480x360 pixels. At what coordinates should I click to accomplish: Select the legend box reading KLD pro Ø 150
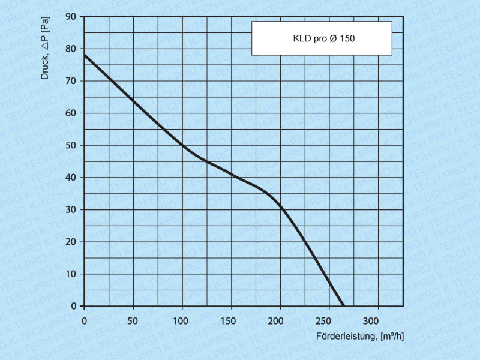(x=322, y=38)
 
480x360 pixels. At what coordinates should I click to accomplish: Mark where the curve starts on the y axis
(x=84, y=55)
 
